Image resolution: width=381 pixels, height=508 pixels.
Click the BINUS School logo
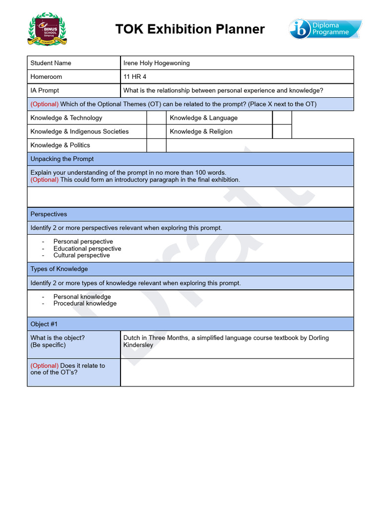pos(48,30)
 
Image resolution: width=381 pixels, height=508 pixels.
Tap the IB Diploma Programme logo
pos(325,29)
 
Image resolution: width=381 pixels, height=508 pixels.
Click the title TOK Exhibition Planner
pos(190,29)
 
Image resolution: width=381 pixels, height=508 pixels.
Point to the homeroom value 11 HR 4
pos(135,77)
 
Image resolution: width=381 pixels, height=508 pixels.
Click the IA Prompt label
pos(45,90)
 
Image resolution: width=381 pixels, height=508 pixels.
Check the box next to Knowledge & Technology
pos(156,118)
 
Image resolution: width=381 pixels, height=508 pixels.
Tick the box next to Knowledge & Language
pos(282,118)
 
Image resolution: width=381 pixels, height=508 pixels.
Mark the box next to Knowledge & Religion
pos(282,131)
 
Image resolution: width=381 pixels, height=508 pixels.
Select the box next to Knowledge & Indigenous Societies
pos(156,131)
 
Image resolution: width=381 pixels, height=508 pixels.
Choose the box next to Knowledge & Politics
pos(156,145)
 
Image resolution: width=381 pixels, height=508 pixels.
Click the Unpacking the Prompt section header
pos(62,159)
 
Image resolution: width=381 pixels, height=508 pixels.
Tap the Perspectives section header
pos(49,214)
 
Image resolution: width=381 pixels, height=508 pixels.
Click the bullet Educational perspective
pos(87,249)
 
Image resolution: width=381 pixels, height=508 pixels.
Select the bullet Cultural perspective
pos(82,255)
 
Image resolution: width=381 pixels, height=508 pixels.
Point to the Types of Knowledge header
pos(59,269)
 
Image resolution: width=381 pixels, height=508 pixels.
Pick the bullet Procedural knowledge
pos(85,304)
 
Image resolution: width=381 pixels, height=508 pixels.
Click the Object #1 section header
pos(44,324)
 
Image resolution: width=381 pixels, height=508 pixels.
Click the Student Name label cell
pos(51,63)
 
